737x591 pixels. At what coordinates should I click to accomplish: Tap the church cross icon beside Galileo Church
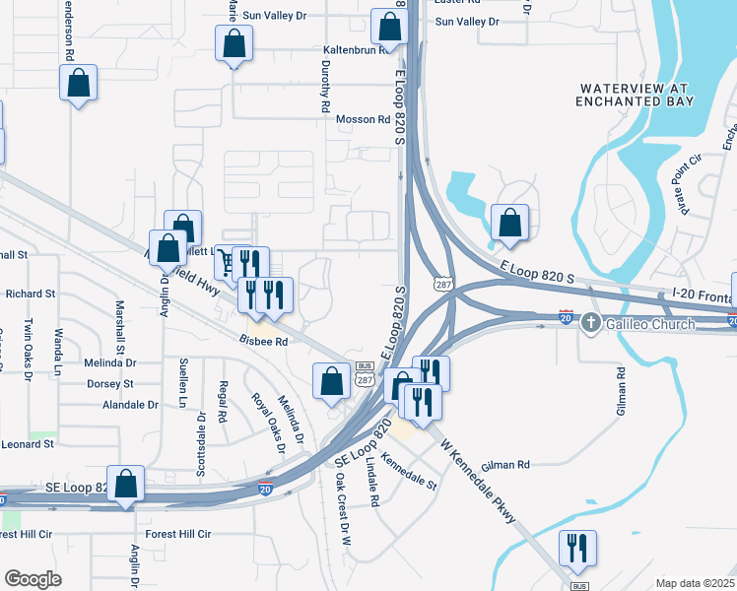click(x=589, y=321)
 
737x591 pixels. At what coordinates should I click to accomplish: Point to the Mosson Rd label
click(x=364, y=119)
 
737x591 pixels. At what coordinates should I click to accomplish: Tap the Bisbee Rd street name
click(x=263, y=341)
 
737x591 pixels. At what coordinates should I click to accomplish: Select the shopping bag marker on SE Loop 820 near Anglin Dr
click(x=125, y=485)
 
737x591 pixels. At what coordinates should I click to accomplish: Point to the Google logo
click(x=34, y=579)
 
